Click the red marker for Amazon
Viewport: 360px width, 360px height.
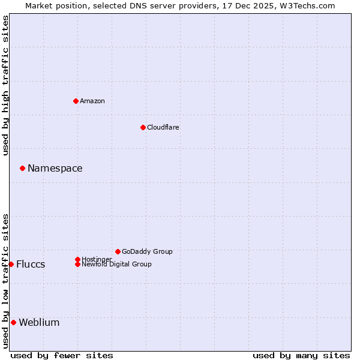click(x=76, y=101)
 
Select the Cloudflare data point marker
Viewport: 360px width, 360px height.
click(x=143, y=127)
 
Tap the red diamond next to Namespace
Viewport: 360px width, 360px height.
click(x=22, y=168)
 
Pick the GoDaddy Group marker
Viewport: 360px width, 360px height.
click(x=118, y=251)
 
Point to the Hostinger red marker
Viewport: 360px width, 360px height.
click(x=77, y=259)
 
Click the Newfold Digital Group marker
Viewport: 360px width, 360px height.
click(x=77, y=264)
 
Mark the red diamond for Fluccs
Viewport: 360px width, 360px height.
click(x=11, y=264)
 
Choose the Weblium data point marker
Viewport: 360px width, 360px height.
click(x=13, y=322)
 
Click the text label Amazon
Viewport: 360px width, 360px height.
click(x=92, y=101)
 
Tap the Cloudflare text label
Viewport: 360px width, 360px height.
click(x=163, y=127)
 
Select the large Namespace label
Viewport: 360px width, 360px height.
click(x=55, y=168)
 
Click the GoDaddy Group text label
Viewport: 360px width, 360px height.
click(x=147, y=251)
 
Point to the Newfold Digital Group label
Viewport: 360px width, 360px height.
click(x=116, y=264)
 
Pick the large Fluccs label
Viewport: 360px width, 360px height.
click(x=30, y=265)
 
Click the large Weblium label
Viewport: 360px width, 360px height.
click(x=39, y=322)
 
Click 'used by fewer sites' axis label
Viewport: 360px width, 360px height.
click(x=62, y=355)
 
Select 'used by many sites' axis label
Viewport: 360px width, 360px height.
click(x=301, y=355)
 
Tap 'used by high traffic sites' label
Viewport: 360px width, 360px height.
click(x=5, y=85)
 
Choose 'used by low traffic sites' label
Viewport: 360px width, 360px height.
click(x=5, y=280)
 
